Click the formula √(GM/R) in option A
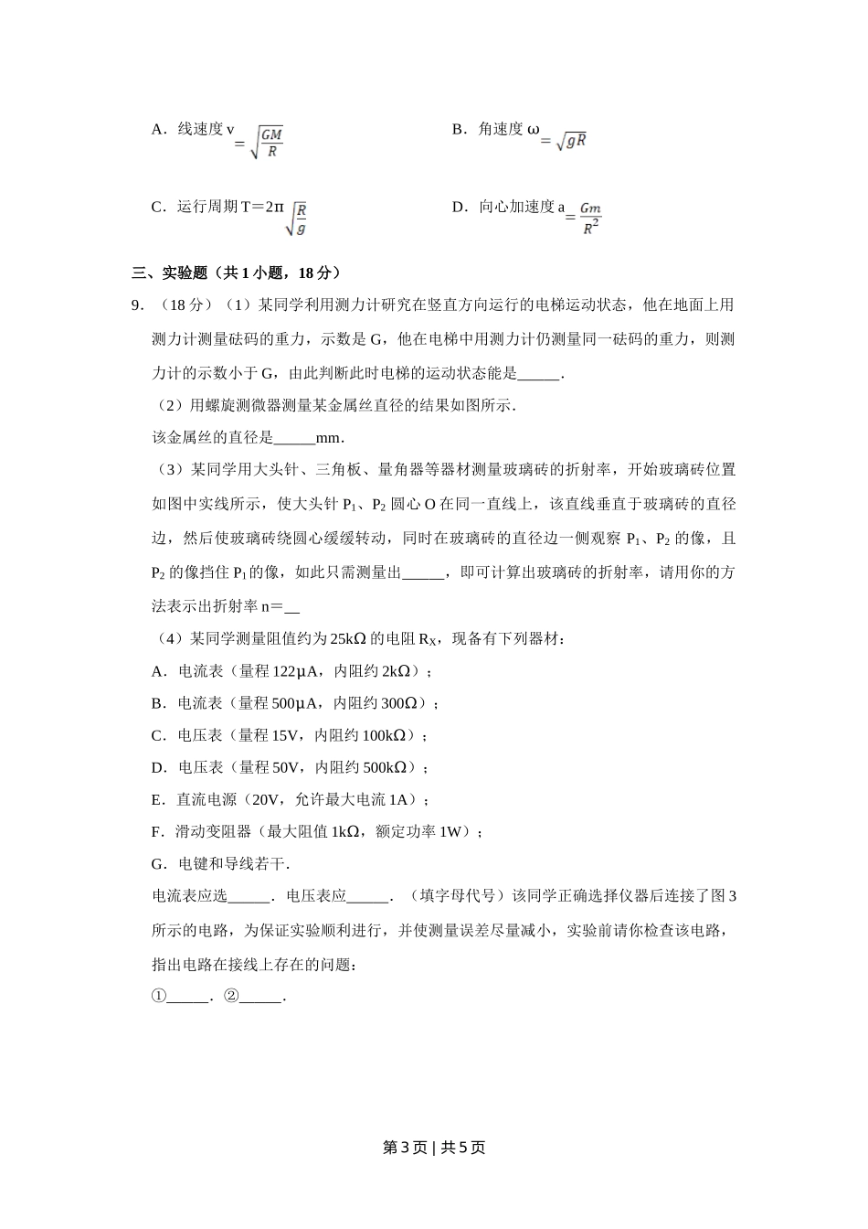pyautogui.click(x=266, y=143)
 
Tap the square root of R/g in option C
pyautogui.click(x=296, y=219)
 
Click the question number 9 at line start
pyautogui.click(x=138, y=305)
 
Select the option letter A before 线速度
pyautogui.click(x=156, y=129)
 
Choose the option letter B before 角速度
pyautogui.click(x=458, y=129)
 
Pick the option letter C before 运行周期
pyautogui.click(x=156, y=207)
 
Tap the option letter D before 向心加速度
pyautogui.click(x=458, y=207)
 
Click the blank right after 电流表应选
pyautogui.click(x=249, y=896)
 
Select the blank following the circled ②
pyautogui.click(x=262, y=997)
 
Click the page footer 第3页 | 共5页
pyautogui.click(x=434, y=1148)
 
